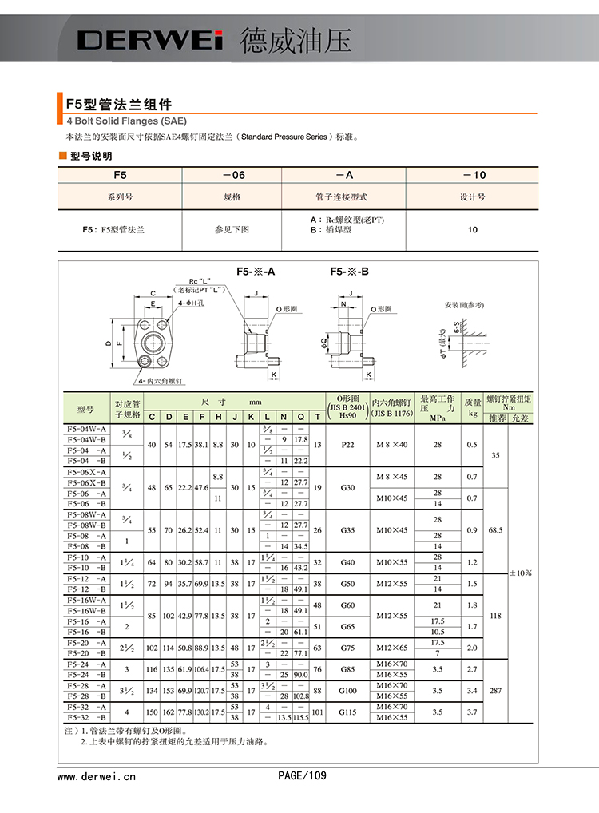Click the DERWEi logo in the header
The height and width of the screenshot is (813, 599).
point(151,40)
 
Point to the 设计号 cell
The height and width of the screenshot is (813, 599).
point(473,196)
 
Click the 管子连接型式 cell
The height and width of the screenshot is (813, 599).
point(341,196)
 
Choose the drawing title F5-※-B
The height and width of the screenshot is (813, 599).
point(350,272)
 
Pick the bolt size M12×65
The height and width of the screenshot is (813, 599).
point(391,648)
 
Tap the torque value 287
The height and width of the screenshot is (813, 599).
point(495,690)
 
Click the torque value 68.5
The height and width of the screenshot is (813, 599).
point(495,529)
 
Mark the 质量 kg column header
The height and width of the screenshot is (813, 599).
point(473,407)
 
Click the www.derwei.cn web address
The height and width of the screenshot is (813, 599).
point(97,775)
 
